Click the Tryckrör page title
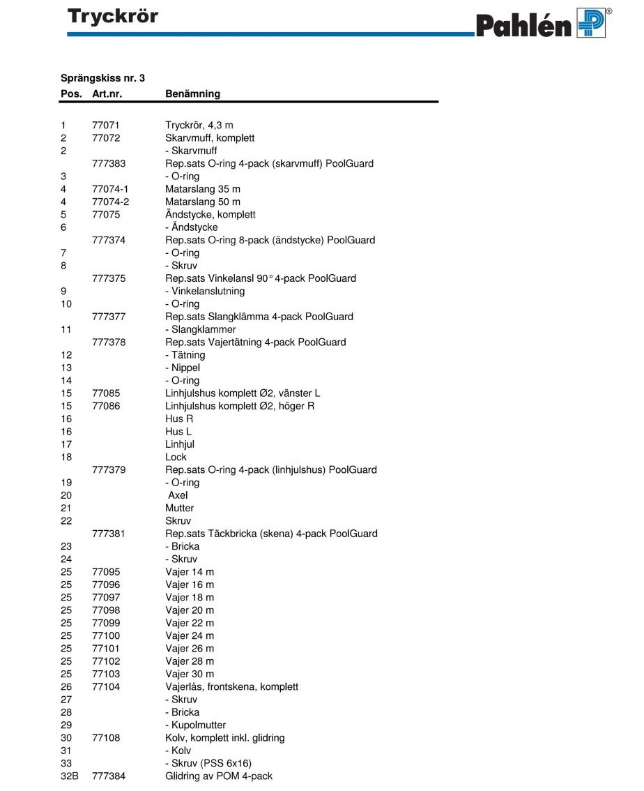(113, 16)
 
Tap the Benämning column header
(192, 93)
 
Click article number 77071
(106, 126)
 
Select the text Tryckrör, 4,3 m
(199, 126)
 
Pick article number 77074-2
(111, 202)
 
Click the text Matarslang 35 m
(204, 189)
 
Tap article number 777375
(109, 278)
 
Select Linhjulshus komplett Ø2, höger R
(239, 406)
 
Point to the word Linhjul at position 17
(180, 444)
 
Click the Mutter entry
(180, 508)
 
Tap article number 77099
(106, 623)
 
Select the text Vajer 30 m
(190, 674)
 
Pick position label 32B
(69, 776)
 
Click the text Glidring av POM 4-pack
(219, 776)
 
